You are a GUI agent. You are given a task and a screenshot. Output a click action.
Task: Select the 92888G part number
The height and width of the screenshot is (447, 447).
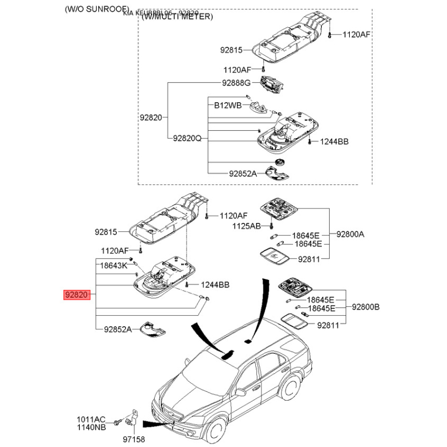click(x=236, y=83)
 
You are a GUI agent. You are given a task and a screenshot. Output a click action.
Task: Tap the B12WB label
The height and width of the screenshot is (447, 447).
click(x=227, y=105)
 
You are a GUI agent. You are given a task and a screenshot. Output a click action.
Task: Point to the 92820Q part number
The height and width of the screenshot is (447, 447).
click(x=187, y=137)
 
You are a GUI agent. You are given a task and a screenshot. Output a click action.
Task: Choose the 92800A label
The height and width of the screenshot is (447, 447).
click(x=350, y=235)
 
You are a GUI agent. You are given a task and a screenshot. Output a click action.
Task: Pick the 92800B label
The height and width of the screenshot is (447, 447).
click(x=365, y=307)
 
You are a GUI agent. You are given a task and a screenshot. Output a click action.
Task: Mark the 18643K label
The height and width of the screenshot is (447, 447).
click(x=114, y=267)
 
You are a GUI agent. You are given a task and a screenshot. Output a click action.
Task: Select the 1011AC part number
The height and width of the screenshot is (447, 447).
click(x=91, y=419)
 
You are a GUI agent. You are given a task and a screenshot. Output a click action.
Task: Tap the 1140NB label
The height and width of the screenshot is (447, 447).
click(x=91, y=427)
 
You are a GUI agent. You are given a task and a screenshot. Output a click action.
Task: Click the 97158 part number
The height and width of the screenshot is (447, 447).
click(x=134, y=440)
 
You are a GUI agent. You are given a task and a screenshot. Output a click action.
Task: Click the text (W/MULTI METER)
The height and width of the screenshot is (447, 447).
click(x=177, y=17)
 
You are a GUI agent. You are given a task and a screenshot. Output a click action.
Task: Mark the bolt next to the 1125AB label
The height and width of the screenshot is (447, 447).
click(x=270, y=226)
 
